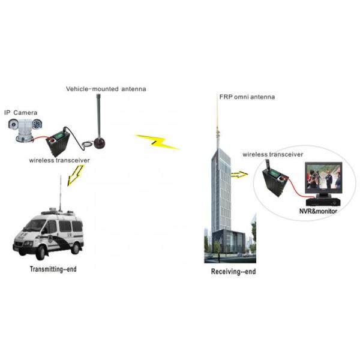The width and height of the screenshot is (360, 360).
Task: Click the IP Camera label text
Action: pos(21,112)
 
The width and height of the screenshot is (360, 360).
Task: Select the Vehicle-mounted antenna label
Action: pos(106,89)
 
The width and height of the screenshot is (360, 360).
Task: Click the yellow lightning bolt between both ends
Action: pos(157,142)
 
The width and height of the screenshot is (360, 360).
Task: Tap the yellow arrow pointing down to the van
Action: pos(76,175)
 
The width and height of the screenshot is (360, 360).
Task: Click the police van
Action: pos(48,231)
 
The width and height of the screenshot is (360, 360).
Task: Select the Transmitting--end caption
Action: pos(53,269)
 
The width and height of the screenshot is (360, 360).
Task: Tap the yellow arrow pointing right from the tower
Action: pos(239,175)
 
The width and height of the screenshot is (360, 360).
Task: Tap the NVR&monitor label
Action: pos(318,211)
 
